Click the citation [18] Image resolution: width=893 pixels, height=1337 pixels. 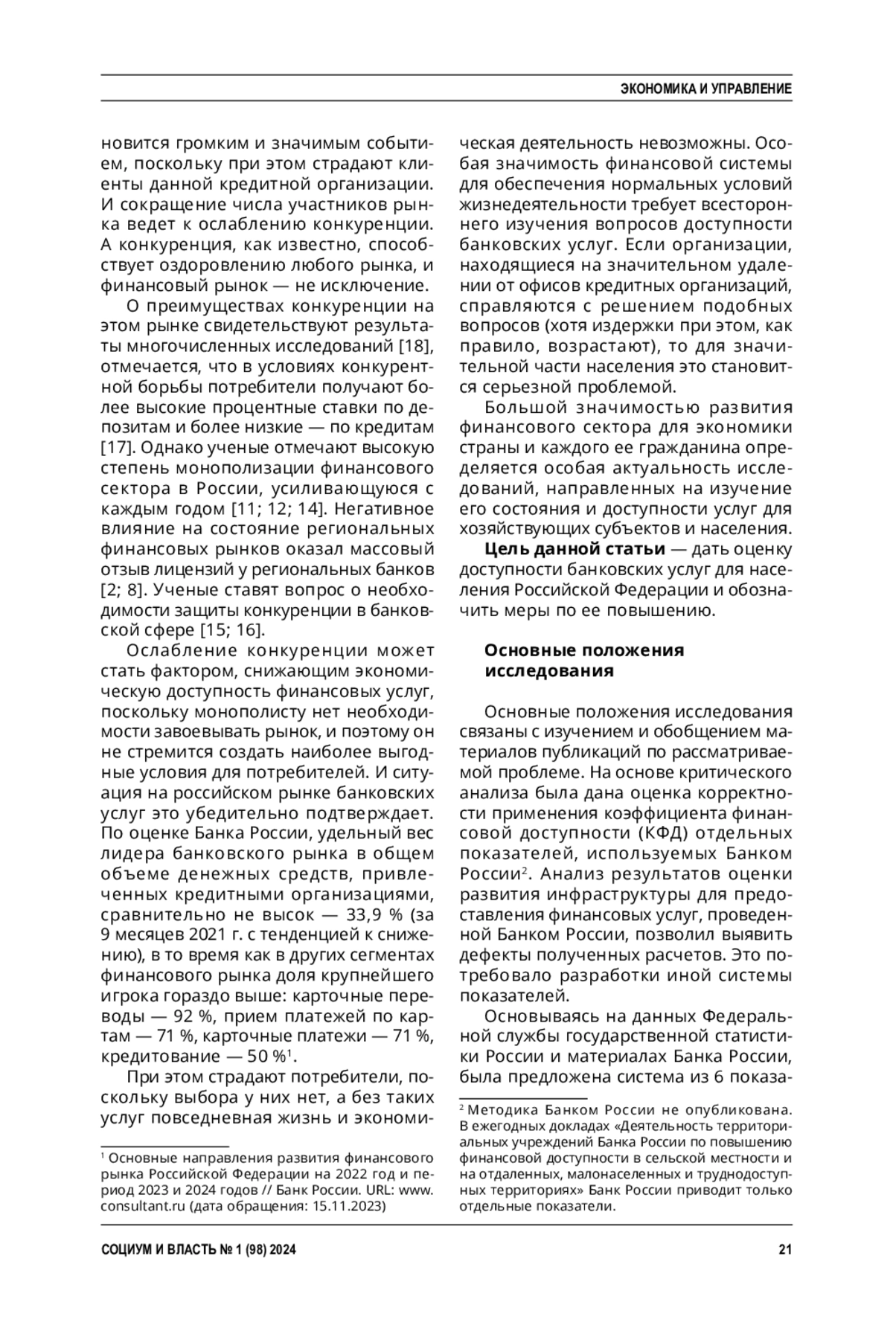416,347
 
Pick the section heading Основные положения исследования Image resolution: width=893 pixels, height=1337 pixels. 583,660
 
